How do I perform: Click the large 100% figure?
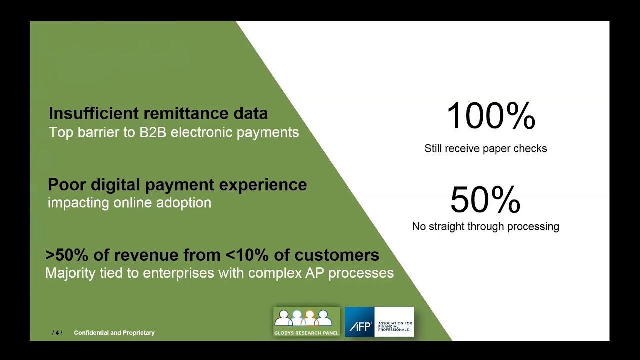point(490,116)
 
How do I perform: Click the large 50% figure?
point(485,200)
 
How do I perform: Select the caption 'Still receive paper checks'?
point(485,148)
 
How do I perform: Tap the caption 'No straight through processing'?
point(485,226)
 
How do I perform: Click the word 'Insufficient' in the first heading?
point(93,113)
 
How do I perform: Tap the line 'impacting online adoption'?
point(129,203)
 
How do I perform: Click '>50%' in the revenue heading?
point(67,255)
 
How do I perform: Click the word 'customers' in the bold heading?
point(336,255)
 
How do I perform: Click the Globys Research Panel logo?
point(306,321)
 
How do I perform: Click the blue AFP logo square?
point(360,322)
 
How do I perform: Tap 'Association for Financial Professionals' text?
point(395,326)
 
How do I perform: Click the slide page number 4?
point(57,333)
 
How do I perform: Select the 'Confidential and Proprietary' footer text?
point(114,333)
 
